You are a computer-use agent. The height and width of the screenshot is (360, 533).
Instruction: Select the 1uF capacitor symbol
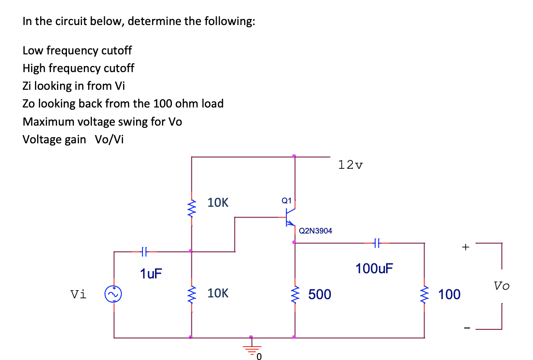145,250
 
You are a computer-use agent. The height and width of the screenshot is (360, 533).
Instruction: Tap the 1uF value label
151,273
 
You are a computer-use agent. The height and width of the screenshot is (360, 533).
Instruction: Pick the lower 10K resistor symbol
191,294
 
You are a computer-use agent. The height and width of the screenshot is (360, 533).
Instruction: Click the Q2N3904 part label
315,231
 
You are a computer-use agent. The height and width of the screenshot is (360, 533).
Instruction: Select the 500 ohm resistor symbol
295,294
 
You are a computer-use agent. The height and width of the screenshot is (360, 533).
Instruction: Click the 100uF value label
374,268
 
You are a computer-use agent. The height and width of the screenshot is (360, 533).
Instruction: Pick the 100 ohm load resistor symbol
424,294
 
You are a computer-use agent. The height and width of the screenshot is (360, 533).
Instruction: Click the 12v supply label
351,164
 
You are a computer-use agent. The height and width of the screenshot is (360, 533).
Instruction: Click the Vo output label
501,286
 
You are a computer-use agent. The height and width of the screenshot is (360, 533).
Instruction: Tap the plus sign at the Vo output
465,247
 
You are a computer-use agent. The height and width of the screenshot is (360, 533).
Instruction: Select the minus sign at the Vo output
465,329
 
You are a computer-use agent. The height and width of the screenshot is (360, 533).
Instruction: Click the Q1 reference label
286,200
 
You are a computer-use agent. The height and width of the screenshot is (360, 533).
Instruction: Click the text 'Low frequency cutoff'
77,51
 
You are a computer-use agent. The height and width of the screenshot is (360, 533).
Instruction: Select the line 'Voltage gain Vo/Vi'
73,139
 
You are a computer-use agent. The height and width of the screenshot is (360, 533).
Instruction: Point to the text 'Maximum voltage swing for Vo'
102,122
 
